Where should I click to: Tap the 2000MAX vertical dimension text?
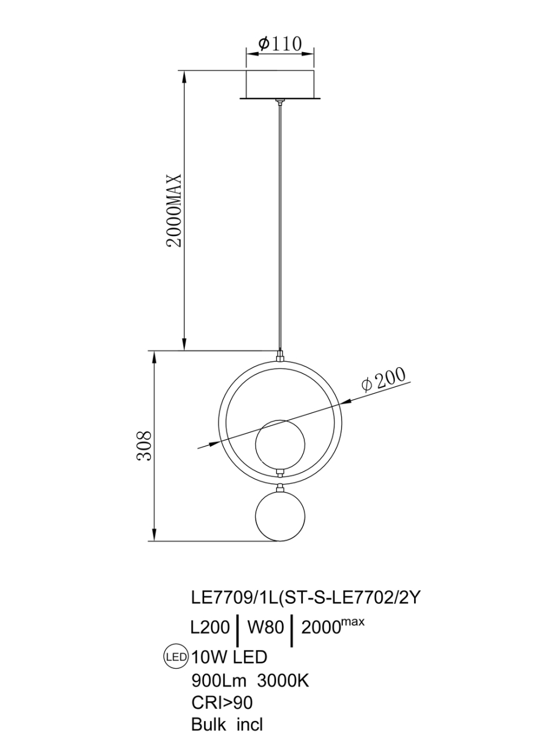[x=175, y=210]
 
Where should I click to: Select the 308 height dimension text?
[x=144, y=445]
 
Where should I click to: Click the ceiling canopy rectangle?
[x=280, y=84]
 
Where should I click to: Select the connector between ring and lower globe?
[x=280, y=479]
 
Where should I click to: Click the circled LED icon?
[x=176, y=657]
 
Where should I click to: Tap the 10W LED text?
[x=229, y=657]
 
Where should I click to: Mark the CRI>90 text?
[x=222, y=703]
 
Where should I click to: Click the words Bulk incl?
[x=227, y=725]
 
